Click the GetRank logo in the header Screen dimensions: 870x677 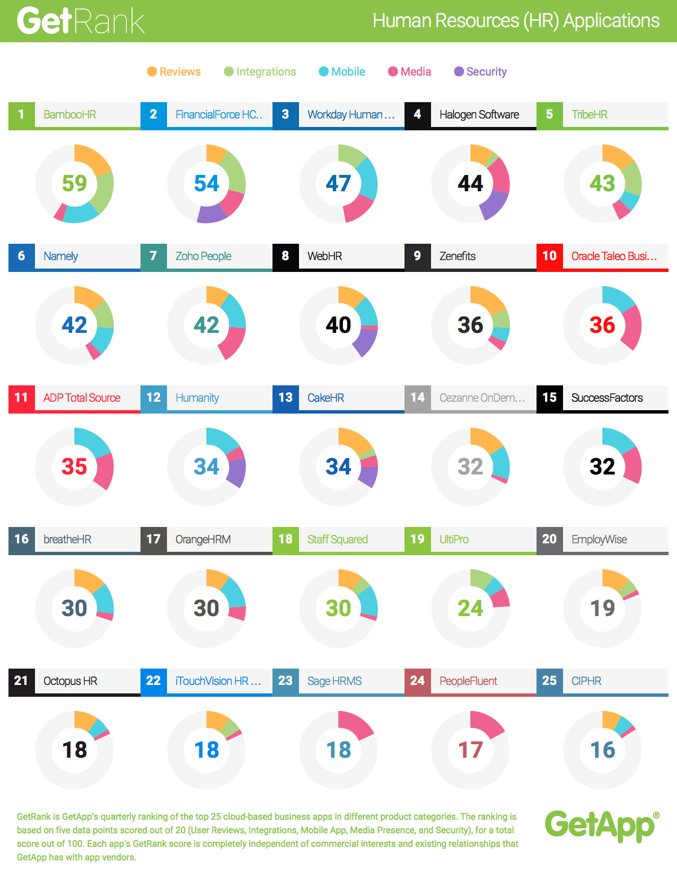click(81, 21)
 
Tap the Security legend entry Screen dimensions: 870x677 click(480, 72)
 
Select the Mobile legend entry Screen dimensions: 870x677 click(342, 72)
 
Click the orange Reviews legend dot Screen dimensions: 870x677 click(152, 72)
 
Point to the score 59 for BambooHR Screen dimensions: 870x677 click(74, 183)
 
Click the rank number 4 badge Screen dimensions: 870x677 click(417, 115)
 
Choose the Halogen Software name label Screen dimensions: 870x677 click(479, 115)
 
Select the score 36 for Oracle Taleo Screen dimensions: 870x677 click(603, 325)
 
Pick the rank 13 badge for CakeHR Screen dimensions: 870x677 click(285, 398)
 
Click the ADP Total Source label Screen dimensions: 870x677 click(82, 398)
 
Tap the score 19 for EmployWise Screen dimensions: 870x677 click(603, 608)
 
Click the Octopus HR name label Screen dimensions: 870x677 click(71, 681)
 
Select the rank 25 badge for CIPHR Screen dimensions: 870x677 click(549, 681)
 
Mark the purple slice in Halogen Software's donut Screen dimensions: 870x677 click(494, 204)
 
